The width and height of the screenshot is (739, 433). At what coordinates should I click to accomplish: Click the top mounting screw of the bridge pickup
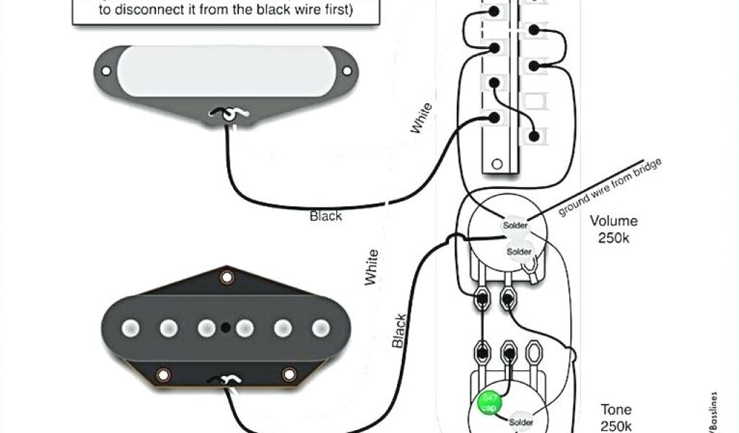click(227, 276)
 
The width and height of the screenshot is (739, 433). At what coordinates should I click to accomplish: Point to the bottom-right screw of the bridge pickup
click(289, 375)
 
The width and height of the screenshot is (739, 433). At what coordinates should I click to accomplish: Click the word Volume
click(613, 221)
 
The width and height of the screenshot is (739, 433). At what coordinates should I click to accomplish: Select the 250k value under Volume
click(613, 237)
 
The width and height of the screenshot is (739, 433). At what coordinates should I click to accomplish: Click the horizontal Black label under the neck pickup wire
click(326, 215)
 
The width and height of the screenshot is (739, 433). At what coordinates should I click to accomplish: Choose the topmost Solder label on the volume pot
click(515, 226)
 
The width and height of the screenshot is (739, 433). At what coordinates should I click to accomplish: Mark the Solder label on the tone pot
click(521, 421)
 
